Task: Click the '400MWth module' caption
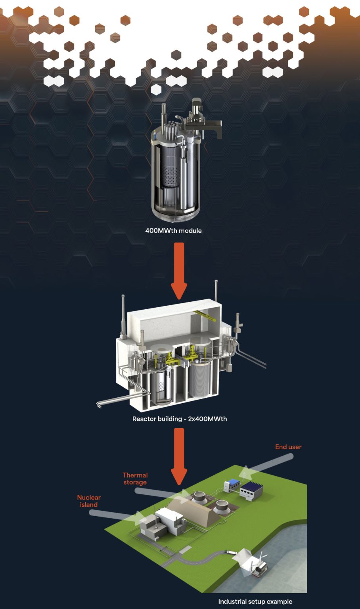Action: (x=174, y=230)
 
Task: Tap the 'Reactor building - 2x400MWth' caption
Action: (x=180, y=419)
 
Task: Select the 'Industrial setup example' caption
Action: (x=255, y=601)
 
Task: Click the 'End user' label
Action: (x=288, y=447)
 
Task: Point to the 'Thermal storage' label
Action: (x=135, y=479)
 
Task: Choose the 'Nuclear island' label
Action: (x=89, y=501)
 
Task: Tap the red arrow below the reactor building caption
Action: (x=179, y=457)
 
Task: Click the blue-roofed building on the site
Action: (x=232, y=484)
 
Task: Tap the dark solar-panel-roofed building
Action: (x=251, y=491)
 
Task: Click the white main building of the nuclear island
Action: (x=170, y=520)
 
